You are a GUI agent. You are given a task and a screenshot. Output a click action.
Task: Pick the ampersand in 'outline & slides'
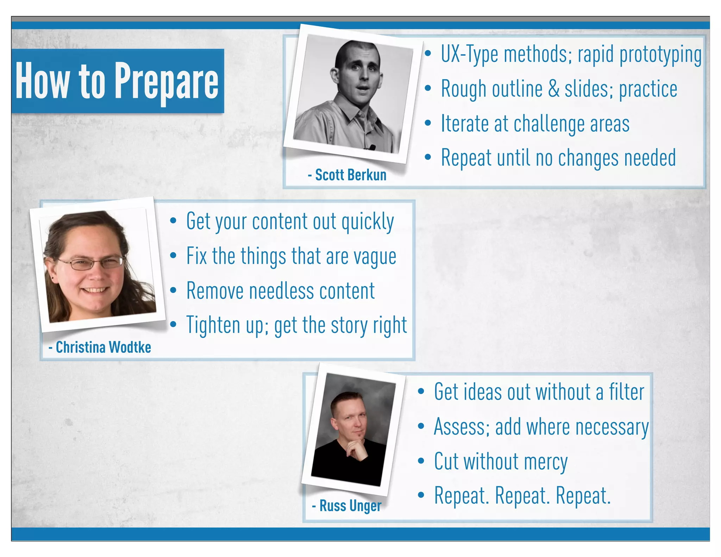(554, 89)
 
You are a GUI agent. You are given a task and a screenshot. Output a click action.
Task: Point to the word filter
(627, 392)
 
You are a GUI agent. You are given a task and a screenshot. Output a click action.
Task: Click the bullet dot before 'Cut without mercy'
(421, 461)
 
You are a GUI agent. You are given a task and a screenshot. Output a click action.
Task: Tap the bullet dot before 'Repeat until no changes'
(428, 157)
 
